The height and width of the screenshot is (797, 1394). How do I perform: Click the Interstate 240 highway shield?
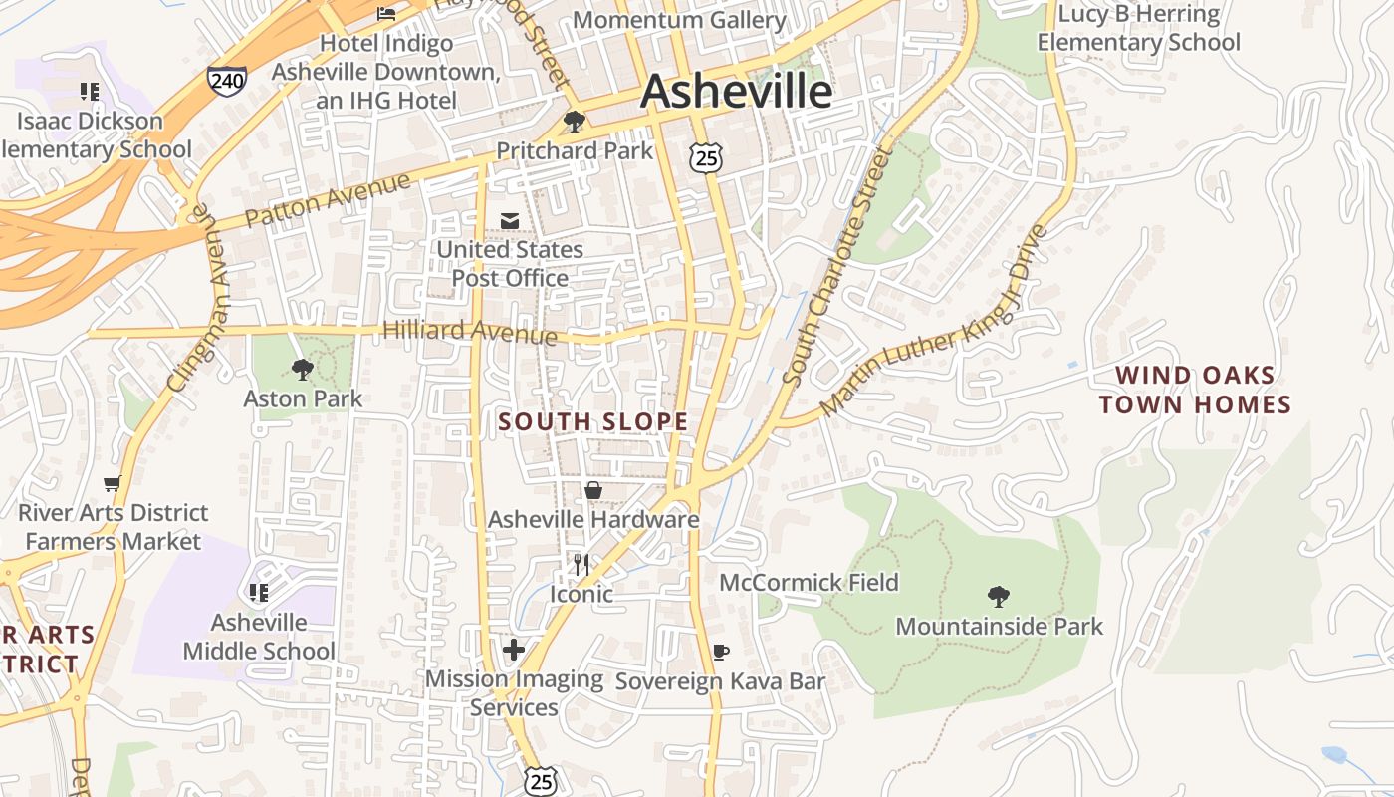(227, 80)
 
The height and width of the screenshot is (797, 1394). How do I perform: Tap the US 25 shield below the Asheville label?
(705, 155)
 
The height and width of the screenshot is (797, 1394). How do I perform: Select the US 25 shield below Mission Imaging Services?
(541, 780)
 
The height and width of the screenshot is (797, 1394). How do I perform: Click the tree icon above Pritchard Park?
(574, 122)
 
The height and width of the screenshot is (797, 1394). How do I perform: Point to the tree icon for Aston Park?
(303, 370)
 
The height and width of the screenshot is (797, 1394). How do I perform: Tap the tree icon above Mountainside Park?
(999, 597)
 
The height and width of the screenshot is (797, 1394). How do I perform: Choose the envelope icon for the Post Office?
(510, 220)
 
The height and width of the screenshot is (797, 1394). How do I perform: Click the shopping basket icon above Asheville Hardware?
(592, 490)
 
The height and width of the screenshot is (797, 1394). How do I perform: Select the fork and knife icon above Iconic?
(581, 565)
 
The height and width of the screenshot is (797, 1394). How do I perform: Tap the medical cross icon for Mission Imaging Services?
(514, 651)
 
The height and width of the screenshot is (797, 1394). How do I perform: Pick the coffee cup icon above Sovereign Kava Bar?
(721, 653)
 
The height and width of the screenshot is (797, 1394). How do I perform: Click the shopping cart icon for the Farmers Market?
(112, 484)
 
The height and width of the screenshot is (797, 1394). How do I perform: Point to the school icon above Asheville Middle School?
(259, 593)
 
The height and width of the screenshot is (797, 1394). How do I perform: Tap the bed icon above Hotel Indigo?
(386, 14)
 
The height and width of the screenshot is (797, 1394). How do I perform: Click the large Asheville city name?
(736, 92)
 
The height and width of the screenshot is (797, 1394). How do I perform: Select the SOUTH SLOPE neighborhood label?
(593, 421)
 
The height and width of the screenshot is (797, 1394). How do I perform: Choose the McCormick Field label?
(809, 582)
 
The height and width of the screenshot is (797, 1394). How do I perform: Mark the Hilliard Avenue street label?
(470, 331)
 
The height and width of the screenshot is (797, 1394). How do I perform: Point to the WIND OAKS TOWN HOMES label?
(1195, 390)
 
